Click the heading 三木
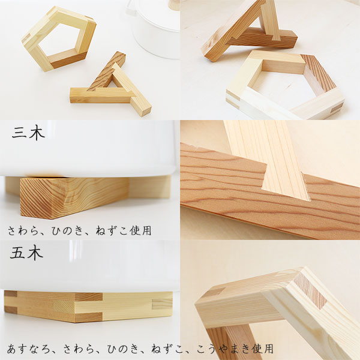tap(28, 133)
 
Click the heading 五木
tap(26, 253)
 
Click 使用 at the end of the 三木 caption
tap(140, 231)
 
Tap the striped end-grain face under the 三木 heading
tap(37, 199)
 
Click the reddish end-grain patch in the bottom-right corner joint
tap(310, 290)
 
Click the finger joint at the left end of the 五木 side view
tap(11, 302)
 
